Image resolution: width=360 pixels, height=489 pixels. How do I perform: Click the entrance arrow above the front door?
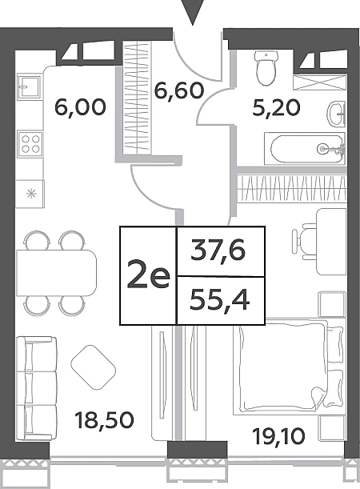pos(193,11)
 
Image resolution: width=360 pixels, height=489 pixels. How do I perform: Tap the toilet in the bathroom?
pos(266,68)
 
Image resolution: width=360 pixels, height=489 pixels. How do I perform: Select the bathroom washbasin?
pos(337,114)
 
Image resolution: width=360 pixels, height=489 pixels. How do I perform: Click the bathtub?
pos(305,149)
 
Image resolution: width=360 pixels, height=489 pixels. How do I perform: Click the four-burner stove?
pos(30,144)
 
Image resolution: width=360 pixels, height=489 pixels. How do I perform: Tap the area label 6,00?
pos(81,107)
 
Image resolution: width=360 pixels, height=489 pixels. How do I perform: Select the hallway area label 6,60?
pos(179,90)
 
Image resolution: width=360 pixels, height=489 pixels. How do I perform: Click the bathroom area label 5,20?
pos(277,108)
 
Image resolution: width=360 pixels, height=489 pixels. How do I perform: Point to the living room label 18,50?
pos(105,419)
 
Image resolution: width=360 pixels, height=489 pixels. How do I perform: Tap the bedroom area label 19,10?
pos(278,436)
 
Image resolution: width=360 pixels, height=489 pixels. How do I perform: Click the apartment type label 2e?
pos(148,276)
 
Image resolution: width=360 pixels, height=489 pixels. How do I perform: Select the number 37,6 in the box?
pos(218,251)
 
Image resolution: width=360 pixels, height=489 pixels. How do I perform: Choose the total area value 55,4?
pos(219,300)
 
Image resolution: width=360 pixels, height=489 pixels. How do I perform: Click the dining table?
pos(56,273)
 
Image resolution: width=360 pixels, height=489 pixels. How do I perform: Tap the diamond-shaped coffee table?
pos(94,367)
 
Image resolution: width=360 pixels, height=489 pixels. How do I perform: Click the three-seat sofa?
pos(37,388)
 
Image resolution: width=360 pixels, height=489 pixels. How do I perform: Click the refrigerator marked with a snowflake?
pos(30,194)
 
